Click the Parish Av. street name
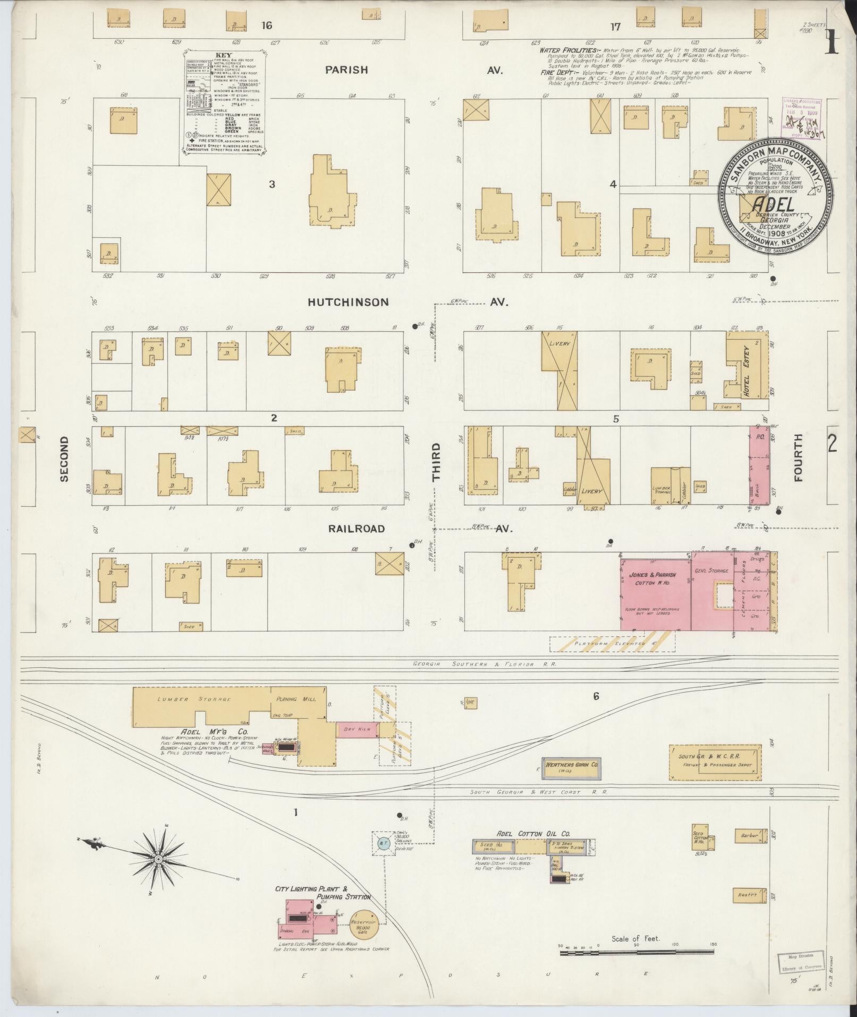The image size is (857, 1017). [x=346, y=70]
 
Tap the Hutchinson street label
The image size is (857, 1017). [x=349, y=302]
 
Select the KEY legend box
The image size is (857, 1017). [x=224, y=102]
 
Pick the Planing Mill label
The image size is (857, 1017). [x=294, y=699]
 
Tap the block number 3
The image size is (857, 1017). [x=272, y=184]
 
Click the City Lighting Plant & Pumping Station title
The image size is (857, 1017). [x=321, y=888]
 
